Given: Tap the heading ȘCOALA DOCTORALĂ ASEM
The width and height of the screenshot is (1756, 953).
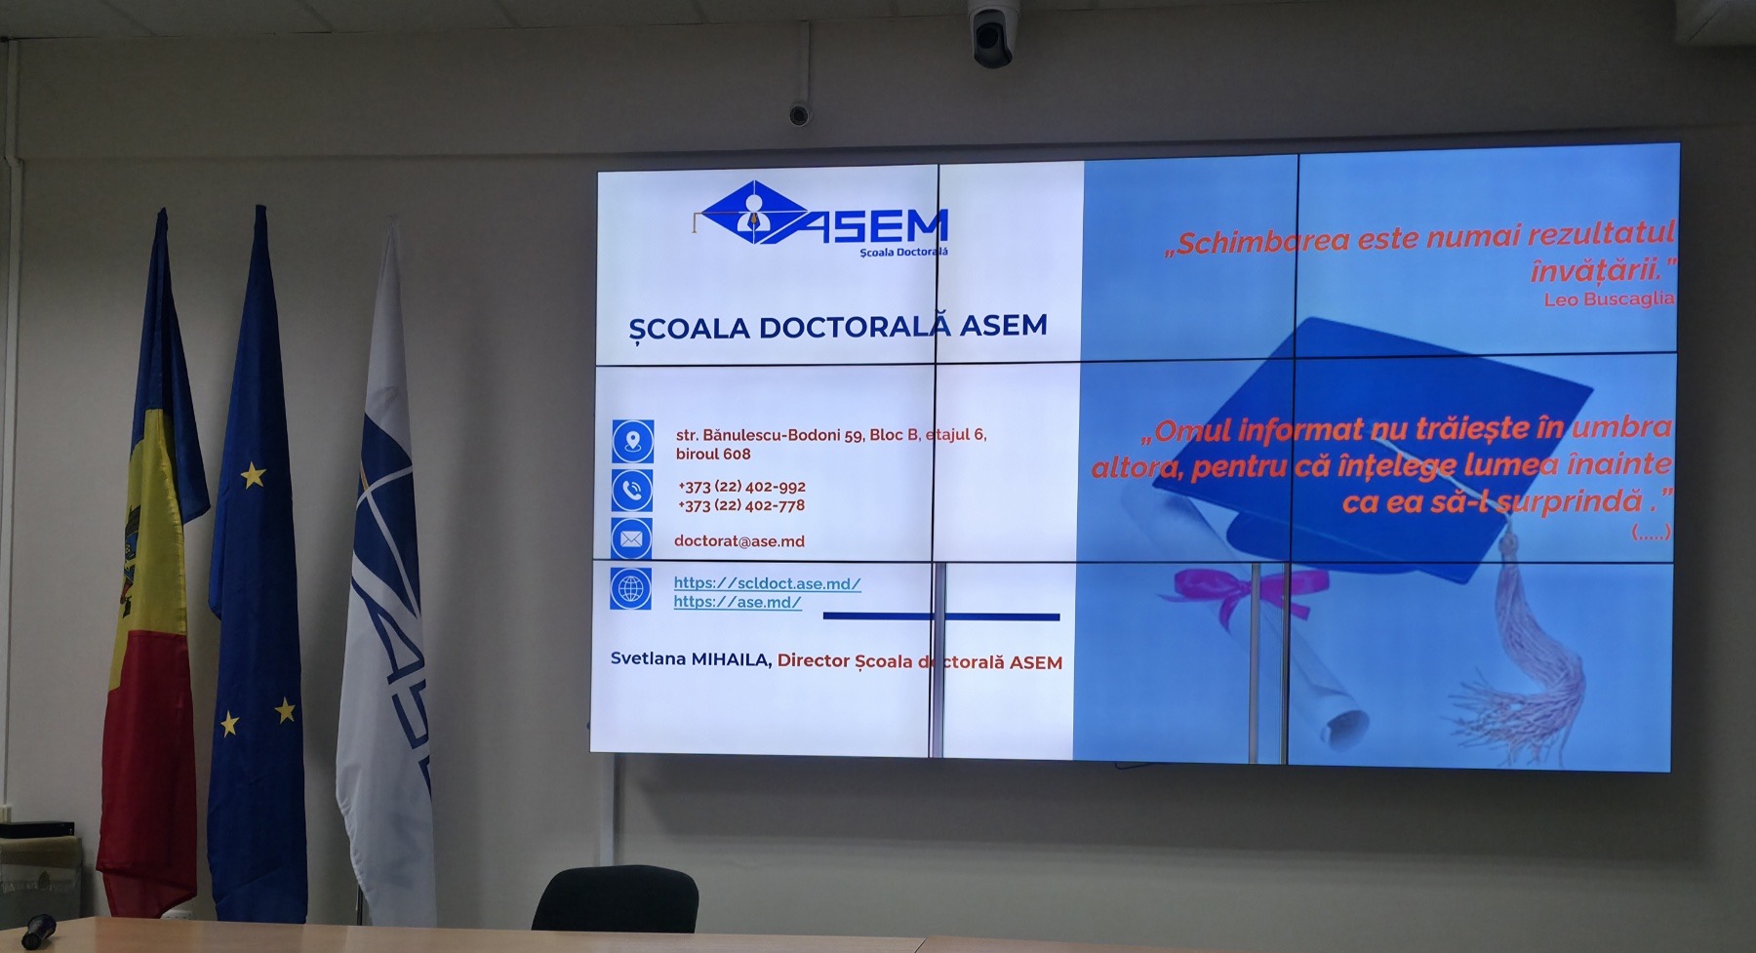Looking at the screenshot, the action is point(838,327).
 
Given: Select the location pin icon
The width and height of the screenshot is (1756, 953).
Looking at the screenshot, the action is point(632,441).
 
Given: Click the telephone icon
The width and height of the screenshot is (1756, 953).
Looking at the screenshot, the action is point(632,491).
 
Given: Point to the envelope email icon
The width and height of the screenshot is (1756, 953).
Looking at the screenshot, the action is point(631,538).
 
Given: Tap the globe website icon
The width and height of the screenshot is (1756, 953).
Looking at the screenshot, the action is point(631,589).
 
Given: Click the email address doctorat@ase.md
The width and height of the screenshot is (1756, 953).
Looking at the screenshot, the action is point(739,541).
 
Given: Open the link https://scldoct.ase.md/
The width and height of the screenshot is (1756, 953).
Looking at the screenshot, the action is point(767,583).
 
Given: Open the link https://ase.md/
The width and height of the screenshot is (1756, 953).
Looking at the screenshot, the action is point(738,602).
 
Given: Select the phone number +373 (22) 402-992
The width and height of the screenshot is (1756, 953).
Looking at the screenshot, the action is point(741,487).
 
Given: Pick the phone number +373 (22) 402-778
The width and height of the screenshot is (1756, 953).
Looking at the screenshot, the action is point(741,505).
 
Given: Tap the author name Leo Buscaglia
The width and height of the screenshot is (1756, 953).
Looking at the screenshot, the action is point(1609,299).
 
